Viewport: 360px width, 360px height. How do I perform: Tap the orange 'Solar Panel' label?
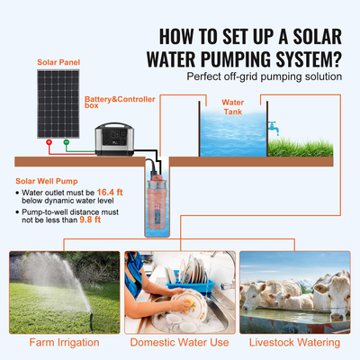pyautogui.click(x=58, y=63)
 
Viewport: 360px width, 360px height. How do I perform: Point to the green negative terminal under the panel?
pyautogui.click(x=64, y=142)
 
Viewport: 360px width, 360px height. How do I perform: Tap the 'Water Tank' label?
pyautogui.click(x=233, y=107)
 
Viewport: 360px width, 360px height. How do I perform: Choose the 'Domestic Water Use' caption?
pyautogui.click(x=180, y=341)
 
